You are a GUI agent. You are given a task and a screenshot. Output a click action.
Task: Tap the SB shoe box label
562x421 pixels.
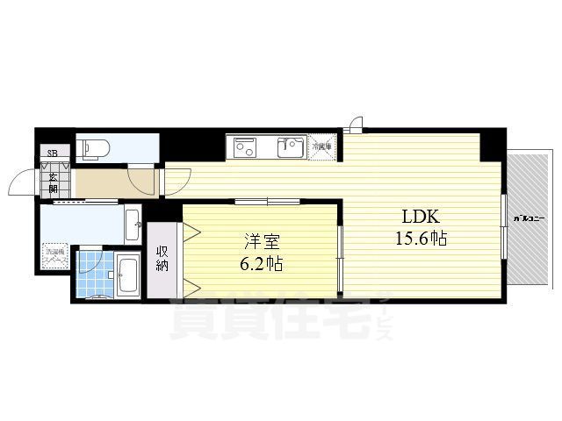click(54, 158)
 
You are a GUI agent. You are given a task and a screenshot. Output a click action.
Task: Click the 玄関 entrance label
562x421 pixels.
click(54, 183)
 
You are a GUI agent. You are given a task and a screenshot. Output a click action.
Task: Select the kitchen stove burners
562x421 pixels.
click(241, 148)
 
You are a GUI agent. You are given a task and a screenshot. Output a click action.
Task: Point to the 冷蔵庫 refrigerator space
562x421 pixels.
click(322, 147)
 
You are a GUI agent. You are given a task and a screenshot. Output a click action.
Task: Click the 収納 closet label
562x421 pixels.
click(163, 259)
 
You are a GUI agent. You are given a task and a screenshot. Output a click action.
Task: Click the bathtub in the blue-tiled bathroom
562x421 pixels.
click(127, 276)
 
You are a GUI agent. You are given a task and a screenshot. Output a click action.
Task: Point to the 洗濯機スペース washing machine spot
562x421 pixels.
click(55, 259)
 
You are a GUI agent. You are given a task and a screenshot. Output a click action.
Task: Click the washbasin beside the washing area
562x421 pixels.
click(133, 225)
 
